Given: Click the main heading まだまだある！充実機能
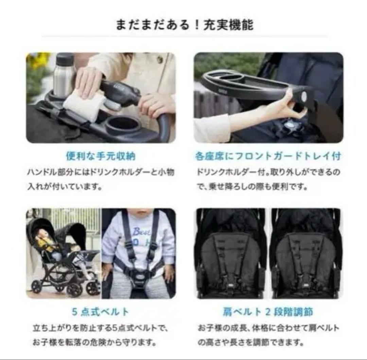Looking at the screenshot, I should pyautogui.click(x=184, y=25).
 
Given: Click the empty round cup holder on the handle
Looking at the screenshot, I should pyautogui.click(x=123, y=125).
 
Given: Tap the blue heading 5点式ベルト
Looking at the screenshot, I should pyautogui.click(x=101, y=311).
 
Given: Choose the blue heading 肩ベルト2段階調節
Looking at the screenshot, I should pyautogui.click(x=268, y=311).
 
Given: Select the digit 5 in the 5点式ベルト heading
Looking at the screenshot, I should pyautogui.click(x=75, y=311).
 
